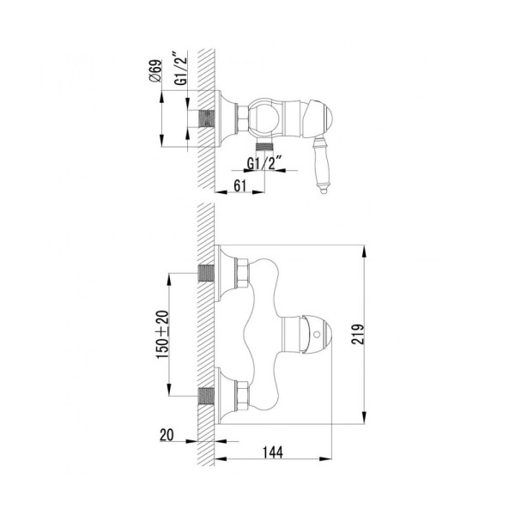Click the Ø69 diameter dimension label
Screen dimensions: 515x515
point(152,72)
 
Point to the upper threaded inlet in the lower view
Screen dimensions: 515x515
point(205,273)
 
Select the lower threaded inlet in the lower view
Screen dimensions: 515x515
point(205,396)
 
